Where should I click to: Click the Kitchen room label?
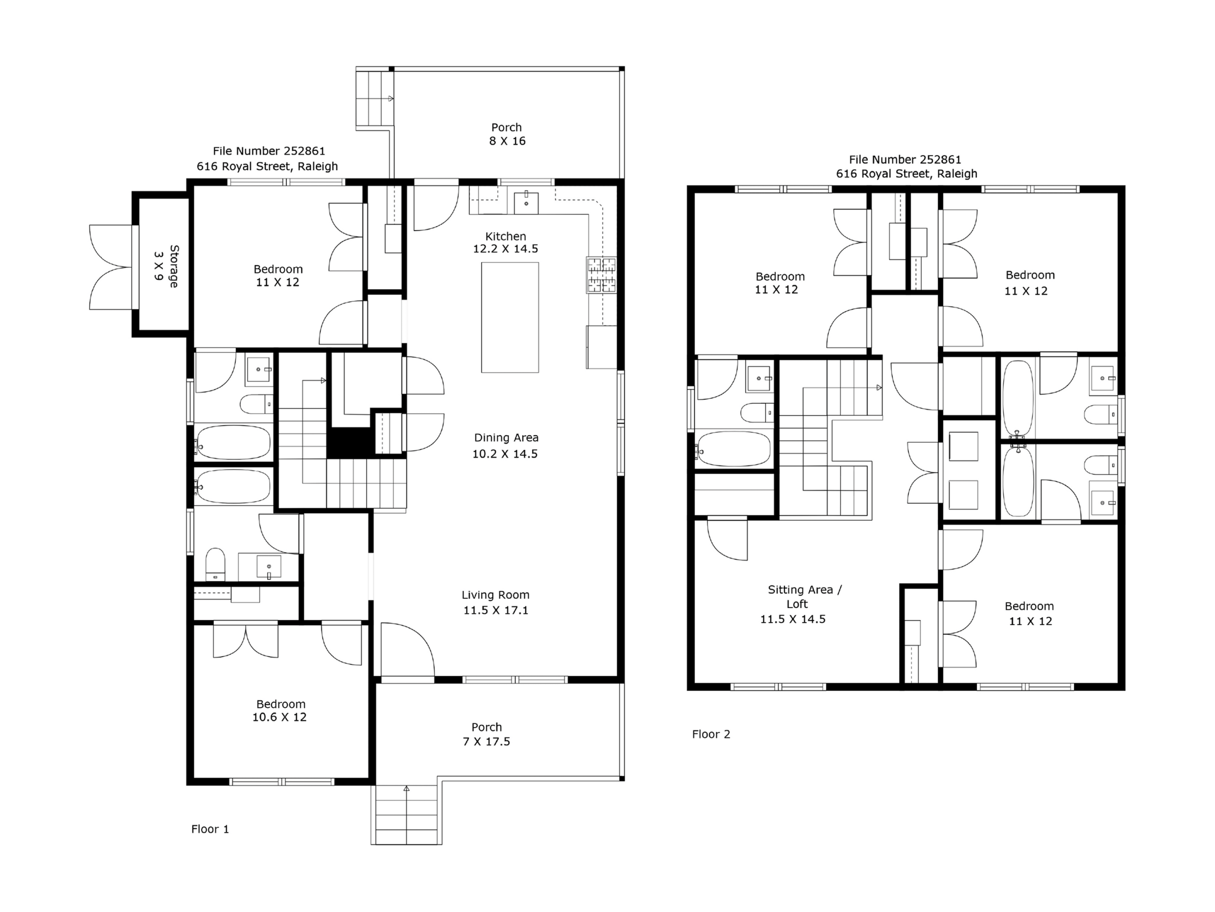point(505,236)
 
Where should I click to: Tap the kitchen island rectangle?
point(510,318)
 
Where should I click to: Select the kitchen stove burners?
point(602,275)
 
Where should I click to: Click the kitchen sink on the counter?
point(526,202)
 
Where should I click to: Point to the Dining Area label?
point(506,438)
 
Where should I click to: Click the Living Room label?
point(495,595)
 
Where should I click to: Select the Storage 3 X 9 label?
point(166,267)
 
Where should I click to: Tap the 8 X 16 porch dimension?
point(507,141)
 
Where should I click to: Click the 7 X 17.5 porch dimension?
point(486,742)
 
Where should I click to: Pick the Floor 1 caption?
point(210,829)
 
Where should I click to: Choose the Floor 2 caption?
point(711,734)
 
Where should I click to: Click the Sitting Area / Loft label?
point(804,596)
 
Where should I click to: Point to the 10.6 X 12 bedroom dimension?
point(279,717)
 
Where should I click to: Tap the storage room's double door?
point(111,267)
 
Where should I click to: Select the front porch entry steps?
point(406,815)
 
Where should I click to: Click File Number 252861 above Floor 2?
point(905,160)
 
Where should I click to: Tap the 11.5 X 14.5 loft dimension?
point(793,619)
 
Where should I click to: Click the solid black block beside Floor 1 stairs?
point(349,443)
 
